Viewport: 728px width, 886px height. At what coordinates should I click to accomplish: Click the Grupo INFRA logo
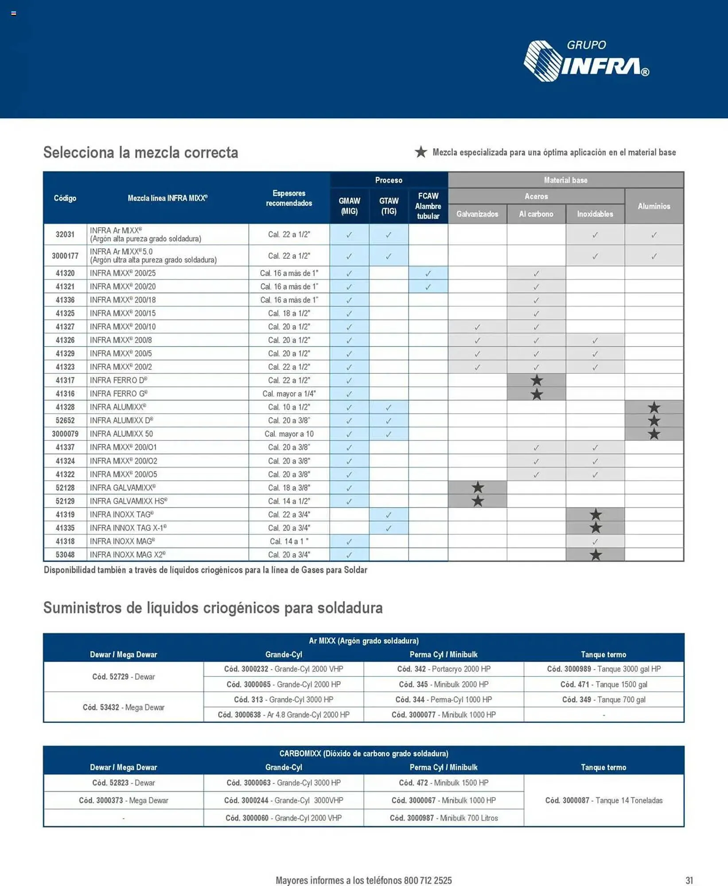586,61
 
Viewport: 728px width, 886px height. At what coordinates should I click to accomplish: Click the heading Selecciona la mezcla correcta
140,152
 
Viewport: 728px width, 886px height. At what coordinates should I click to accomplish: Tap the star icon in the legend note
420,152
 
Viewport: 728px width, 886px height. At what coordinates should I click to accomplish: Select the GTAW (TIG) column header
389,206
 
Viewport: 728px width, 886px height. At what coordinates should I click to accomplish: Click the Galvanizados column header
477,214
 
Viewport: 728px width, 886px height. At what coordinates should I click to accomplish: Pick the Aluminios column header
654,206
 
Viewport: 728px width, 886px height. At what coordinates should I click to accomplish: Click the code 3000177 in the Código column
65,256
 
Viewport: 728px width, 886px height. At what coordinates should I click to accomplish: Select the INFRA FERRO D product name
118,380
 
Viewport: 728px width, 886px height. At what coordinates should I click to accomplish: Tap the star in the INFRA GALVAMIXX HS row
477,501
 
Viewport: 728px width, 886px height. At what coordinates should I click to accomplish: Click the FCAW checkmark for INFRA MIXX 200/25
428,273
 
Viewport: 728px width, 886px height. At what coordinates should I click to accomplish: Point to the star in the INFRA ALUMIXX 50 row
654,434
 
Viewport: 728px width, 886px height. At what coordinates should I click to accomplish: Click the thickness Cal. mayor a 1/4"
289,393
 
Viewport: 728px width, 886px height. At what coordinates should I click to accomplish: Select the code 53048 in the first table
65,555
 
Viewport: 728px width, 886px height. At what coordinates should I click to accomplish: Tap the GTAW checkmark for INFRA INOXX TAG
389,515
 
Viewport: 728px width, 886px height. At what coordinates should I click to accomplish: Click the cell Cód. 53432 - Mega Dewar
124,707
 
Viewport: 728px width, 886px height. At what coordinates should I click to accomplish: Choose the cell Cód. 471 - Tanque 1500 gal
603,684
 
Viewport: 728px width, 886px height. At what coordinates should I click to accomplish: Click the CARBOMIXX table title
363,754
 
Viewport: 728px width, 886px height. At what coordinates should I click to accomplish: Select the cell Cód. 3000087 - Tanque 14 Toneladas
603,801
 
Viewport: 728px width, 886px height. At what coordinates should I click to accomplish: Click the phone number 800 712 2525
428,880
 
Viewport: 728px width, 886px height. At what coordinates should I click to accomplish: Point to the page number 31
689,880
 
